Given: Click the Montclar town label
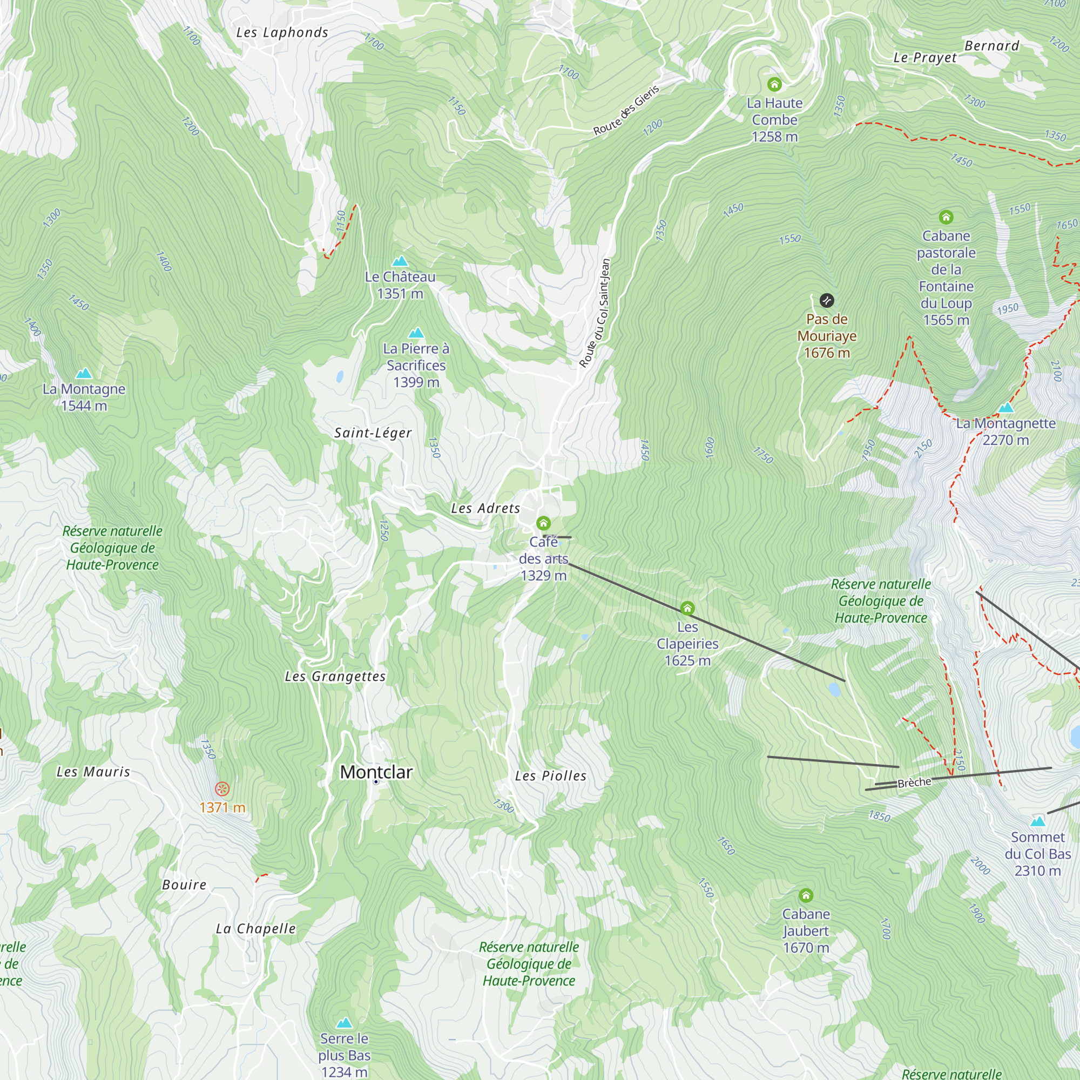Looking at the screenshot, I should pos(376,772).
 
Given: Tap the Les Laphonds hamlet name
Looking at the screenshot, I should pos(282,32).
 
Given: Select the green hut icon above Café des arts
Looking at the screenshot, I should pos(543,523).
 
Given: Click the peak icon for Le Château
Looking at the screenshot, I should pos(400,261).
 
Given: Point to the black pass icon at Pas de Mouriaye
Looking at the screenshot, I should pos(827,301).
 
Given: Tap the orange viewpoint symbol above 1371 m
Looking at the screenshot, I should pos(222,789).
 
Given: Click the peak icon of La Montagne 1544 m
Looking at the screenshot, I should pos(84,373).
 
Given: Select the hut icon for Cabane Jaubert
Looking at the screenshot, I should pos(806,896).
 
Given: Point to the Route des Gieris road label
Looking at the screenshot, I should pos(626,110).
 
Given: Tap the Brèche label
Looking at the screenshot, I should pos(914,782).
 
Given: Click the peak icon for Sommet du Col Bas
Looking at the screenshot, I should pos(1037,821).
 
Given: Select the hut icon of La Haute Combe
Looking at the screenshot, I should pos(774,84).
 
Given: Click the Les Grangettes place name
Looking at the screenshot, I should pos(335,677).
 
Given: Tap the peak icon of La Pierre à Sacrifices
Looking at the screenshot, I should pos(416,333).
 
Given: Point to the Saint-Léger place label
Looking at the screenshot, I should pos(373,433).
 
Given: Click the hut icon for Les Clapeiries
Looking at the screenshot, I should pos(687,607).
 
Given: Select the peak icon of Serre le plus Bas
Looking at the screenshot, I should pos(345,1023).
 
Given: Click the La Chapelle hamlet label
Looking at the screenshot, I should pos(255,928).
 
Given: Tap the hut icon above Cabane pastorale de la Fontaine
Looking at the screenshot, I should pos(946,217).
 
